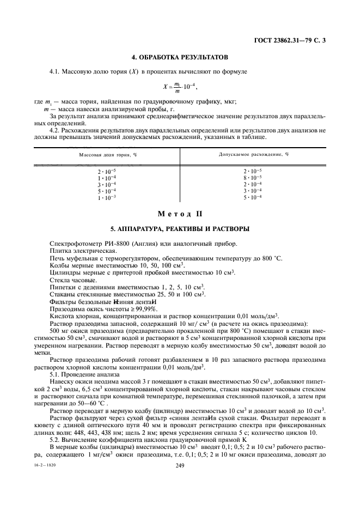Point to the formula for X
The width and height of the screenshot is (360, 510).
pyautogui.click(x=180, y=86)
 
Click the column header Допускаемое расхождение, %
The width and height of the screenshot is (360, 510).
pyautogui.click(x=253, y=155)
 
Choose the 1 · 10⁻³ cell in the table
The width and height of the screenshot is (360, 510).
pyautogui.click(x=108, y=197)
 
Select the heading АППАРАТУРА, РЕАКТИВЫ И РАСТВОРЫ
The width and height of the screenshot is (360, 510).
pyautogui.click(x=180, y=228)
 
